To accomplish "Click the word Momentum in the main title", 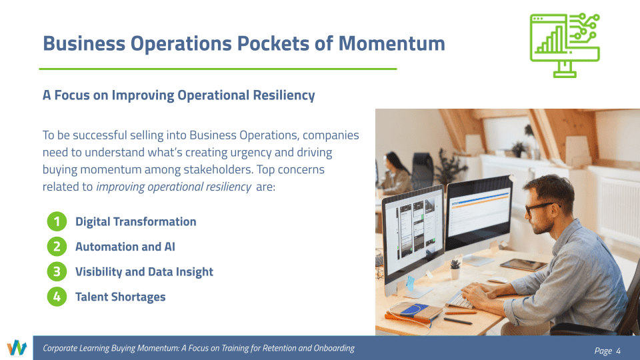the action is pos(391,43).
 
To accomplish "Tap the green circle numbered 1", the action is pos(57,221).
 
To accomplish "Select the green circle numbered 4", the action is pos(57,297).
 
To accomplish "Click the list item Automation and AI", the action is pos(125,247).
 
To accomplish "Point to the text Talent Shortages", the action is pos(121,297).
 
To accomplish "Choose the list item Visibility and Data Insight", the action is pos(144,272).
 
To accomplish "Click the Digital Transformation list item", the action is pos(135,221).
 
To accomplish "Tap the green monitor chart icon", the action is pos(565,45).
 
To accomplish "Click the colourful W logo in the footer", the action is pos(16,348).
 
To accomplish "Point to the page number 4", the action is pos(619,351).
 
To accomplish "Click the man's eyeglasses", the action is pos(540,207).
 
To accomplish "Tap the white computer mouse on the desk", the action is pos(497,280).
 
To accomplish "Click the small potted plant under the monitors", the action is pos(455,269).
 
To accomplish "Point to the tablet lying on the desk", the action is pos(524,265).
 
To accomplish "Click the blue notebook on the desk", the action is pos(414,309).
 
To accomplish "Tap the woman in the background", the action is pos(394,173).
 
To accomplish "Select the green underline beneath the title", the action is pos(218,69).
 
